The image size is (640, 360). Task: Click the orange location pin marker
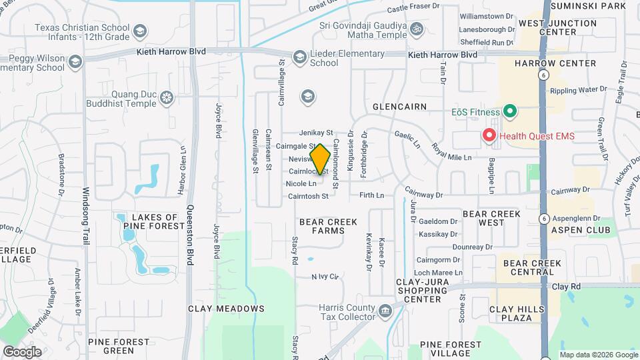(321, 160)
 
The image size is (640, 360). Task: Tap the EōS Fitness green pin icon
(510, 111)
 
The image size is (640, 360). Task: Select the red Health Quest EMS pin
(489, 135)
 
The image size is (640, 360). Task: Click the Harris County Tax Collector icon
(385, 311)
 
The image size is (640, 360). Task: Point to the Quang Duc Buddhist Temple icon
(167, 99)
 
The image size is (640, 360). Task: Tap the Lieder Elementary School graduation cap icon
(299, 57)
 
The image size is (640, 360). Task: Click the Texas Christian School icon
(140, 31)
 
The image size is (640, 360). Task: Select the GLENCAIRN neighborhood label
(399, 107)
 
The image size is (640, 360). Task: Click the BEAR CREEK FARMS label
(328, 226)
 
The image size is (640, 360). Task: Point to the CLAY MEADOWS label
(226, 309)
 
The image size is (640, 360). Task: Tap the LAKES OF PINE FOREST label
(153, 221)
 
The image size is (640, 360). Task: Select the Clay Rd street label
(566, 286)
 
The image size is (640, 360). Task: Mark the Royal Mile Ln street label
(451, 152)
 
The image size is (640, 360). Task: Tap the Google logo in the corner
(22, 351)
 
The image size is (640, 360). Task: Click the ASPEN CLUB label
(580, 230)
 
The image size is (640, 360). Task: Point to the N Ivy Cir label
(325, 276)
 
